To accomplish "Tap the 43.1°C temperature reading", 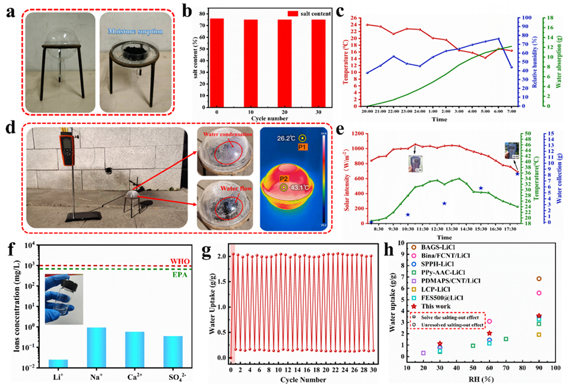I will point(302,188).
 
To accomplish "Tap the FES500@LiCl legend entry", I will point(443,297).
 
